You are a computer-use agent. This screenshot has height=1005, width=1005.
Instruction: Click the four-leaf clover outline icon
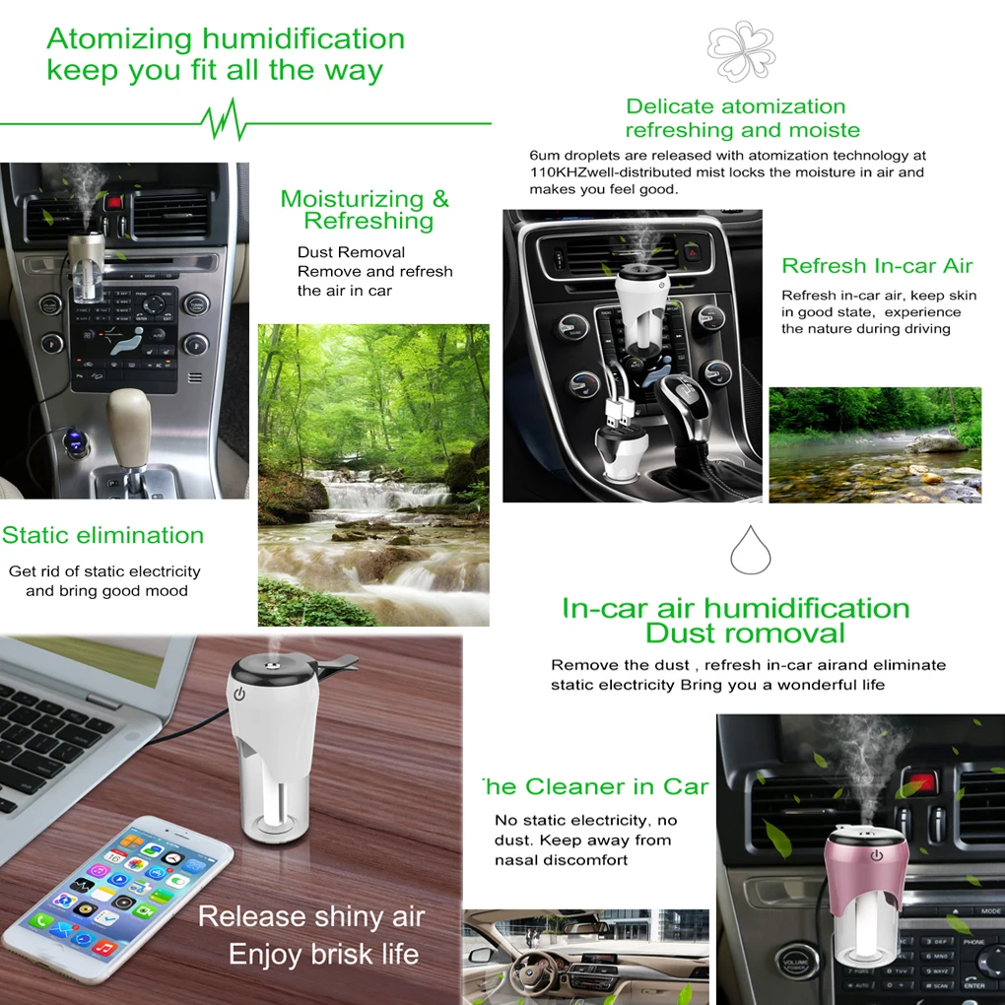point(741,50)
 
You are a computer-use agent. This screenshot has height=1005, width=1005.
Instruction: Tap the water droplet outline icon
point(750,550)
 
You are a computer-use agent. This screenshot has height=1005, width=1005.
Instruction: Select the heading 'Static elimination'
point(102,535)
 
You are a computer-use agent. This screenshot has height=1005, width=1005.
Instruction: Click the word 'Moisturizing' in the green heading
point(352,199)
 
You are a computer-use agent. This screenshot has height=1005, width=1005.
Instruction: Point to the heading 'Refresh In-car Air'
point(877,265)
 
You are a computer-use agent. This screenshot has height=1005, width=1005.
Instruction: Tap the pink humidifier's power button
point(876,855)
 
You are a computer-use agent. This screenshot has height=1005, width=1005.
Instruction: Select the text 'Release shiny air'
point(311,916)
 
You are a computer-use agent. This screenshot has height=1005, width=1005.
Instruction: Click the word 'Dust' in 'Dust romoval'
point(681,634)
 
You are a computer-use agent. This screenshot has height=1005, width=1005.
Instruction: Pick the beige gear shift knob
point(128,421)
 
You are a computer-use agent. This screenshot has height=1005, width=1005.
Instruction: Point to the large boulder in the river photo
point(935,443)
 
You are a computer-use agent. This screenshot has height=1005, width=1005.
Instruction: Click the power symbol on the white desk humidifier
point(239,695)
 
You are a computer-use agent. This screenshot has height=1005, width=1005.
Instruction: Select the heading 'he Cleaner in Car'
point(595,786)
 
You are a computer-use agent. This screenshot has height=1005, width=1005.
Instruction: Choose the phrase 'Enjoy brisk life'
point(324,955)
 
